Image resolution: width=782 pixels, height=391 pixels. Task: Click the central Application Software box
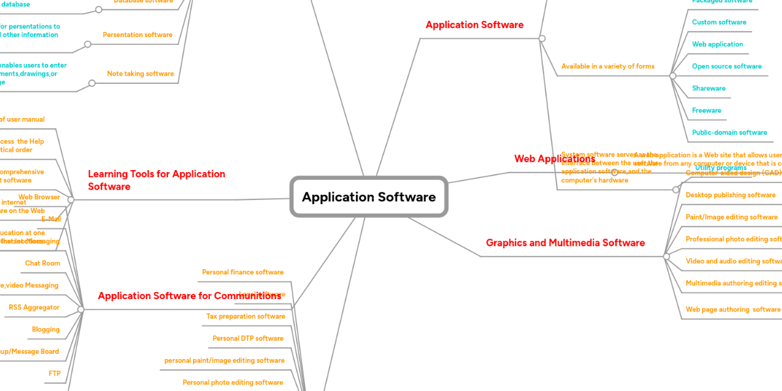(369, 197)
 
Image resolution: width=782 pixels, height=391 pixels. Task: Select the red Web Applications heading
(554, 159)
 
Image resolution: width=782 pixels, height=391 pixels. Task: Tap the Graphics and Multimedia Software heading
(565, 243)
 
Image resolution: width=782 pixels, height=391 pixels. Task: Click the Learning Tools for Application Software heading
(156, 181)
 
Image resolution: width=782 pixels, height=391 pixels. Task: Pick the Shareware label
(708, 89)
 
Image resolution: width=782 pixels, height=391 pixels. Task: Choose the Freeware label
(706, 111)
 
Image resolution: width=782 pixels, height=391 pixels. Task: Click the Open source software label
(727, 66)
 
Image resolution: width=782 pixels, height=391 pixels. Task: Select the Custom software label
(719, 22)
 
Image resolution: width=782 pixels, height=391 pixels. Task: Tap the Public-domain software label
(729, 133)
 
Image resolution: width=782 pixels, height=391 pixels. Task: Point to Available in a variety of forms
(607, 66)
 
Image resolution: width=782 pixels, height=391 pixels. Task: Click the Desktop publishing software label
(730, 195)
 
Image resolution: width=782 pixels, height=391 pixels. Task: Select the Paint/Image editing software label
(731, 218)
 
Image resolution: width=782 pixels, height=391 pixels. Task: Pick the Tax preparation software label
(246, 317)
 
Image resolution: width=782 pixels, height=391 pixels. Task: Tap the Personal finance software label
(242, 272)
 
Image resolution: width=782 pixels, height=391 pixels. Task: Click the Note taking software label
(140, 74)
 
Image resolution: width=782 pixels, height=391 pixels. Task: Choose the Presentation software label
(138, 35)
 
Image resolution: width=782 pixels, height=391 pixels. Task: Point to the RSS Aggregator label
(34, 308)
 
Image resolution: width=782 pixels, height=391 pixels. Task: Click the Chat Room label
(42, 263)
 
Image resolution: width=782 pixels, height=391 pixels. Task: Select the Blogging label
(46, 330)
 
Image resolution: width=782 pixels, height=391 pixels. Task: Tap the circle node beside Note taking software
(92, 83)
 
